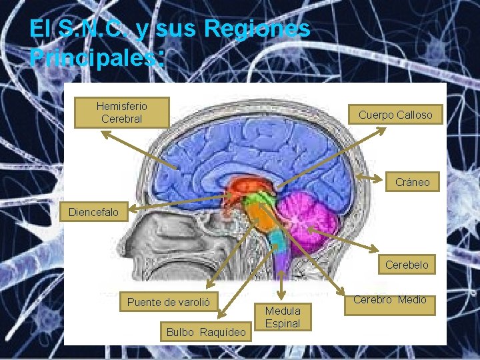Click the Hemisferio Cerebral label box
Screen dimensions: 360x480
[121, 113]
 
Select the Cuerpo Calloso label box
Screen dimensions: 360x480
[395, 115]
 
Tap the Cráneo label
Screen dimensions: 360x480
[412, 181]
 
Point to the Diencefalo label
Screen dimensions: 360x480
[94, 213]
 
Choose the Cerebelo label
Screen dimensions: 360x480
[407, 265]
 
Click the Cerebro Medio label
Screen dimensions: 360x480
[389, 300]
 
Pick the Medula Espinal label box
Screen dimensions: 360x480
[283, 317]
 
